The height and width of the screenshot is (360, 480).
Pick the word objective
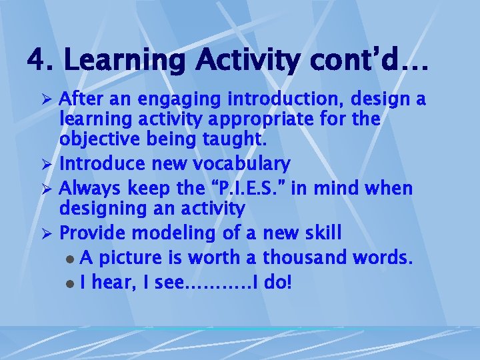[x=97, y=141]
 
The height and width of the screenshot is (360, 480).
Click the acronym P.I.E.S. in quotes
[x=251, y=188]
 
